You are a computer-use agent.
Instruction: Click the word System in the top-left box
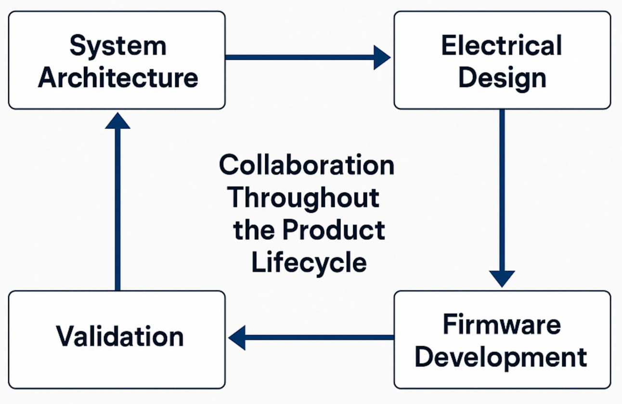coord(117,46)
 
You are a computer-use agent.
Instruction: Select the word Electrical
coord(501,46)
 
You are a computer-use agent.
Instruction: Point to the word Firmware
coord(501,325)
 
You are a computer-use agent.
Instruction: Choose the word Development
coord(501,357)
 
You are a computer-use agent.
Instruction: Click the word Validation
coord(119,336)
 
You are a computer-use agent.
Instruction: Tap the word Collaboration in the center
coord(307,165)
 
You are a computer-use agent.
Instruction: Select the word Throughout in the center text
coord(303,198)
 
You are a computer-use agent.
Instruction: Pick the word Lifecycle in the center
coord(309,263)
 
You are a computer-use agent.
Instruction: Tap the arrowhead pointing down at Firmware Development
coord(502,278)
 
